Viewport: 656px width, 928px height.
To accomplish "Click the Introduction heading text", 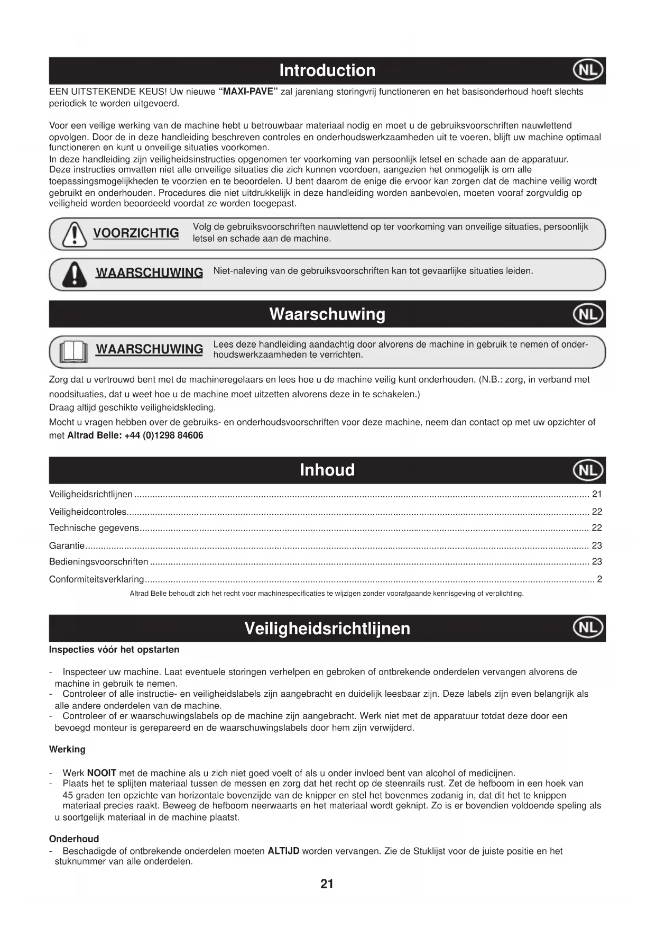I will [x=327, y=70].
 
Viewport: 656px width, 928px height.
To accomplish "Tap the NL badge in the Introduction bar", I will [x=588, y=70].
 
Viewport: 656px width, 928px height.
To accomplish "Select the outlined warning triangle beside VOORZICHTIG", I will [x=75, y=234].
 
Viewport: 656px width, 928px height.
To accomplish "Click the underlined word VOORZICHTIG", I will [x=136, y=233].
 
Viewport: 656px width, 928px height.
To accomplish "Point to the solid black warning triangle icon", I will [x=75, y=274].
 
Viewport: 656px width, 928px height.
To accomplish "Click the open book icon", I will [x=73, y=351].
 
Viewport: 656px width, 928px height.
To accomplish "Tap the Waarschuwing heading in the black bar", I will [x=327, y=314].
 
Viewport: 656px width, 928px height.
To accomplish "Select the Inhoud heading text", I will [x=327, y=470].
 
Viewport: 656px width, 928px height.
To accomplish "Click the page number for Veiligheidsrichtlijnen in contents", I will [x=597, y=494].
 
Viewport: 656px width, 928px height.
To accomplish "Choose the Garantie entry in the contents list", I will [x=67, y=545].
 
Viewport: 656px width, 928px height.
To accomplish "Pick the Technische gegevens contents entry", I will [x=94, y=528].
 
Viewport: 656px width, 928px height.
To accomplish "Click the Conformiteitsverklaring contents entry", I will [x=96, y=579].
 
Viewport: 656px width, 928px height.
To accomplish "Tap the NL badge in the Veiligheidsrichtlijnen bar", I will [x=588, y=628].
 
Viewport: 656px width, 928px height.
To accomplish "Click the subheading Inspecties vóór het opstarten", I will [x=114, y=650].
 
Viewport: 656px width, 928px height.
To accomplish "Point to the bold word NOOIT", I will [x=101, y=773].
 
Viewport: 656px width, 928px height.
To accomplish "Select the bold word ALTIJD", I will [x=283, y=851].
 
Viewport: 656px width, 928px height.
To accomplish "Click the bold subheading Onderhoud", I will [x=74, y=839].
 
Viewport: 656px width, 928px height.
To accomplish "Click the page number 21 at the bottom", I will [x=327, y=884].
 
